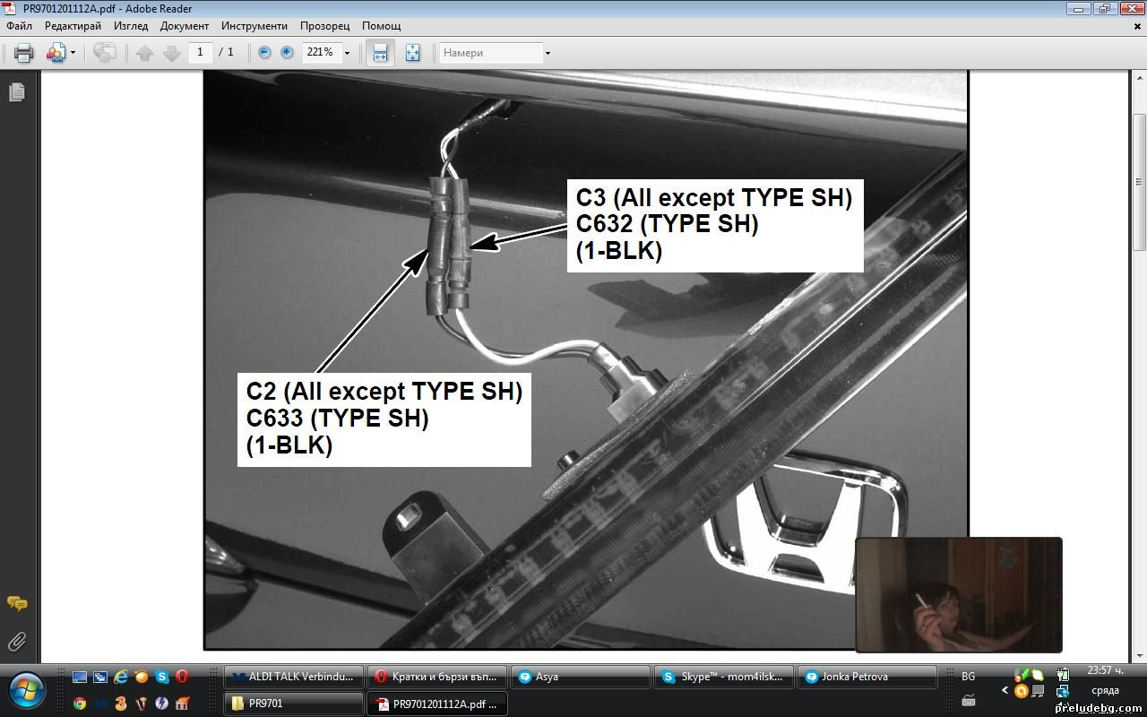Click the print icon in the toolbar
[23, 53]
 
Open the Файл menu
[19, 26]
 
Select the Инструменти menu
[254, 26]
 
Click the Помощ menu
[381, 26]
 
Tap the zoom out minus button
[264, 52]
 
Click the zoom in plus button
[287, 52]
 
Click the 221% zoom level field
[321, 52]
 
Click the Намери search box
[490, 53]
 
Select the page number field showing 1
[200, 52]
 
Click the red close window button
[1132, 8]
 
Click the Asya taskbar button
[581, 677]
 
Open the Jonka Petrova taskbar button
[867, 677]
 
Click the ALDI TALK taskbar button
[294, 677]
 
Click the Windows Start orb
[26, 690]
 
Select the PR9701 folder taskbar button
[294, 704]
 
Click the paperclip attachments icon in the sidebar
[17, 641]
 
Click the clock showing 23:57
[1105, 670]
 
